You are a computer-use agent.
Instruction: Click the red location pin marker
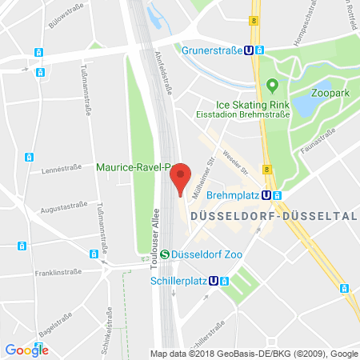pyautogui.click(x=182, y=177)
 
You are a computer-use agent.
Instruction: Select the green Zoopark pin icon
pyautogui.click(x=272, y=84)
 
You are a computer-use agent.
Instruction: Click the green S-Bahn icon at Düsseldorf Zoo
pyautogui.click(x=165, y=254)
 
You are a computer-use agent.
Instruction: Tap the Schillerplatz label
pyautogui.click(x=177, y=281)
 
